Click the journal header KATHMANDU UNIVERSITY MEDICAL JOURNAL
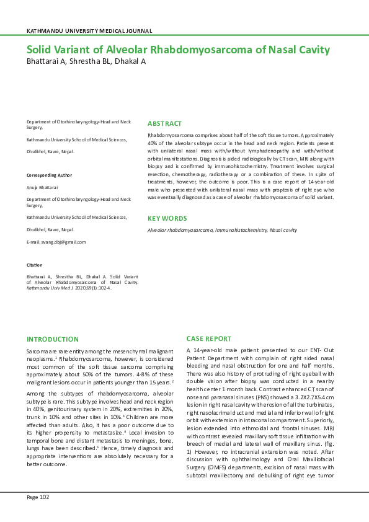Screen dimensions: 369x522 (89, 30)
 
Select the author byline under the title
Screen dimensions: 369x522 (86, 62)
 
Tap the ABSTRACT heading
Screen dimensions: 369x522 (164, 123)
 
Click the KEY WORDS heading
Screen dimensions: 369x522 (167, 218)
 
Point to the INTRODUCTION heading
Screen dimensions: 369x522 (52, 339)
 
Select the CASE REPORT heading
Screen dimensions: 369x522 (209, 339)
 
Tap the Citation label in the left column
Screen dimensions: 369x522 (34, 265)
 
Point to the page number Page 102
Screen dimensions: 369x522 (37, 497)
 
